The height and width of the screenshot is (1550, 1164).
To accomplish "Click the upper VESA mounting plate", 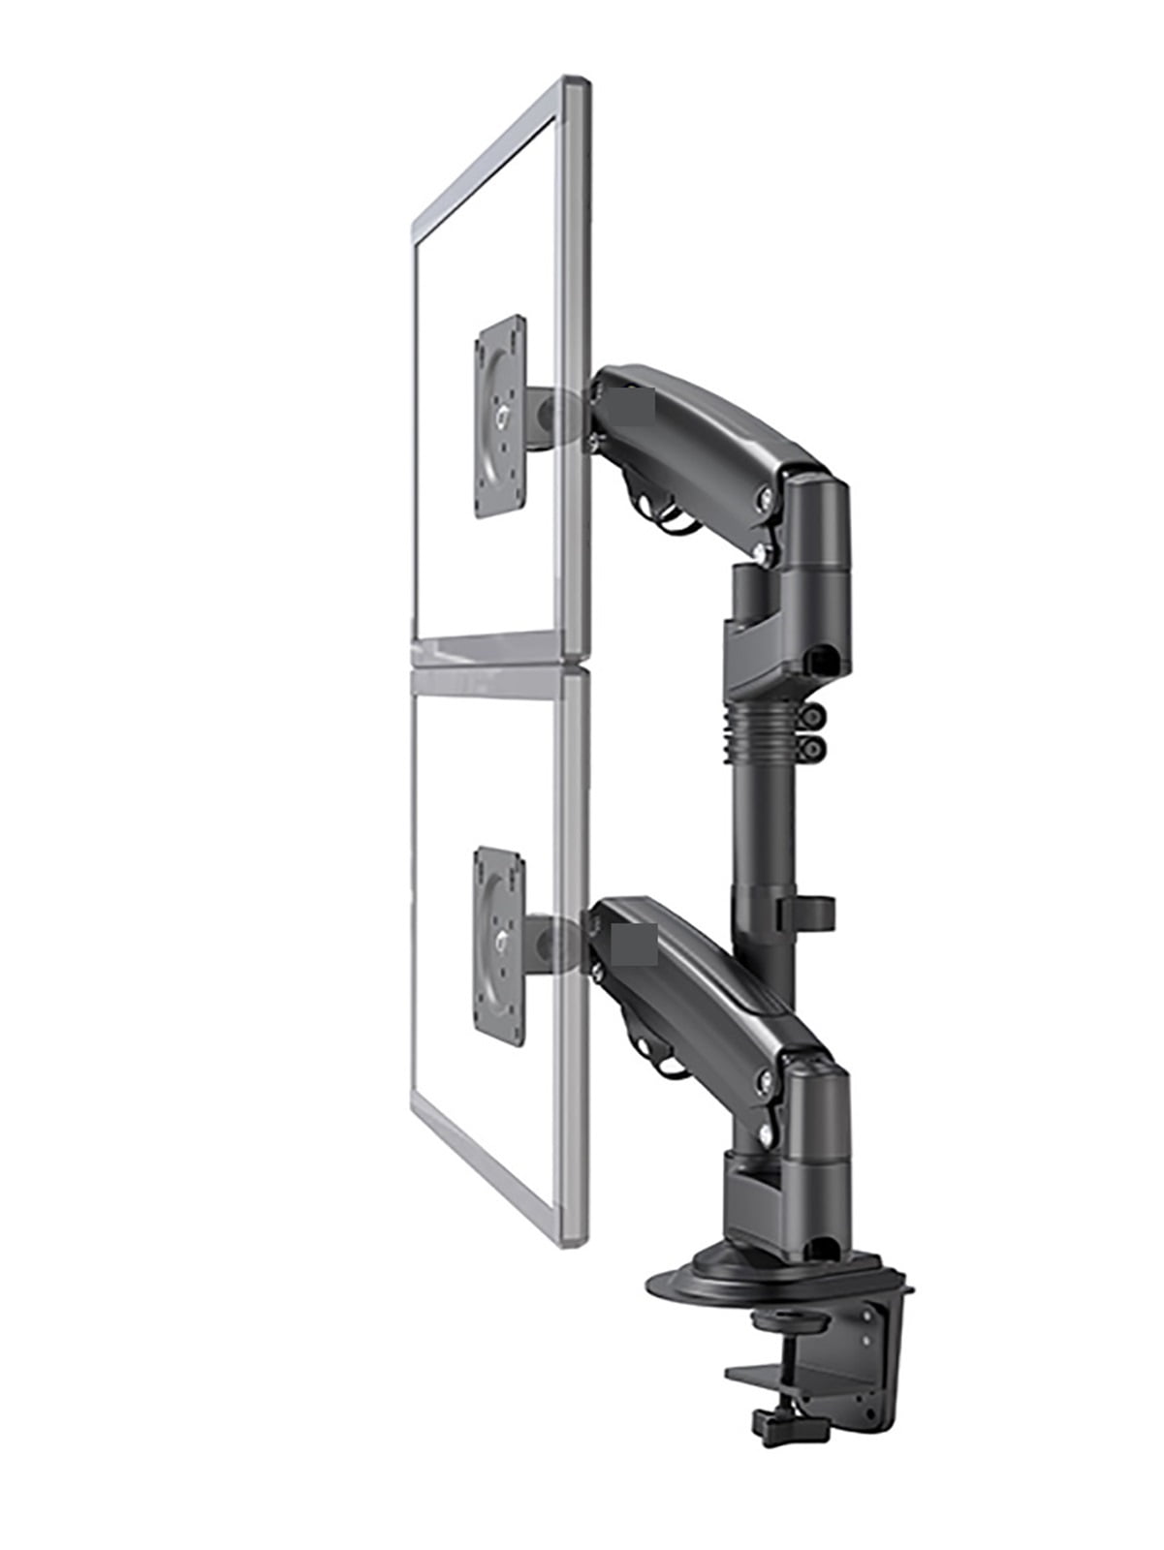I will point(500,416).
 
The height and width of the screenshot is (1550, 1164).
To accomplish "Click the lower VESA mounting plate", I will point(500,945).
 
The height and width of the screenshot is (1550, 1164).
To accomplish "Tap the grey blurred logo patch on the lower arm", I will point(635,944).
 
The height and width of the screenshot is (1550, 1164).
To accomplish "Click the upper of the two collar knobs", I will point(813,716).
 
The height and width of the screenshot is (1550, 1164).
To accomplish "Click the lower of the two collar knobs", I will point(813,747).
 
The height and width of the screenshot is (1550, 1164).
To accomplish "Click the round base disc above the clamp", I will point(698,1284).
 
